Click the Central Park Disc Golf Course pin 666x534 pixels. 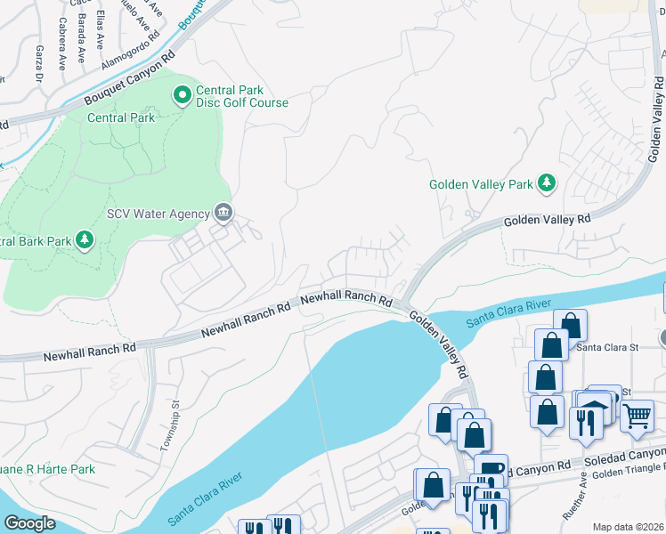coord(183,93)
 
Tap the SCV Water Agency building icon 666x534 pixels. coord(223,213)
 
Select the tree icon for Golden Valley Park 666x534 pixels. coord(547,185)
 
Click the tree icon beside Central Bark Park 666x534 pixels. coord(85,240)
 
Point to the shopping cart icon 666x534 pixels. coord(636,415)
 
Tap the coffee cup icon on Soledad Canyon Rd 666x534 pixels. coord(491,468)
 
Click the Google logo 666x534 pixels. coord(29,523)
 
